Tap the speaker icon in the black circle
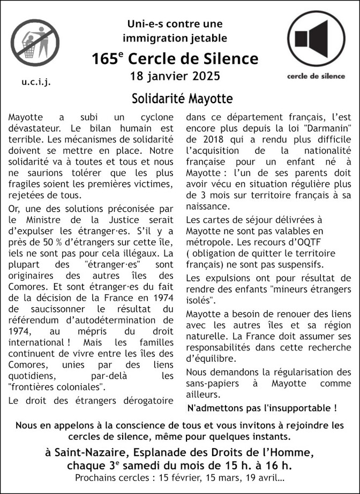tap(316, 39)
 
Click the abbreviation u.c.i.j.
tap(36, 82)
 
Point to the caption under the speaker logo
tap(316, 76)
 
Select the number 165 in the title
tap(102, 59)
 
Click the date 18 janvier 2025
tap(175, 76)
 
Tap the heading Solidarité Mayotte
tap(182, 99)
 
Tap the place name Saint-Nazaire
tap(86, 452)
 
